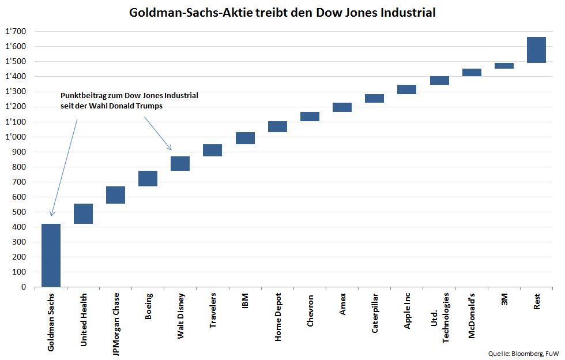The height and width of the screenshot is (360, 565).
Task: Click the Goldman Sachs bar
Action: pyautogui.click(x=51, y=255)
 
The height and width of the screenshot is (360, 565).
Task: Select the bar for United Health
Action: pyautogui.click(x=83, y=213)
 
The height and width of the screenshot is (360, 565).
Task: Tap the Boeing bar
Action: pyautogui.click(x=148, y=178)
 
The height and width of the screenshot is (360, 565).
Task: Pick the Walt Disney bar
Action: pyautogui.click(x=180, y=163)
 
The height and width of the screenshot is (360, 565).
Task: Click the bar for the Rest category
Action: pyautogui.click(x=536, y=50)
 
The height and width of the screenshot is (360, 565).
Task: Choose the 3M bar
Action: pyautogui.click(x=504, y=66)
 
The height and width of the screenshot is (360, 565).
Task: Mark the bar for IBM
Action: pyautogui.click(x=245, y=138)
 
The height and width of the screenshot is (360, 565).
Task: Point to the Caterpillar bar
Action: pyautogui.click(x=374, y=98)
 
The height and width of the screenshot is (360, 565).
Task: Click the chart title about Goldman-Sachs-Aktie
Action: pyautogui.click(x=282, y=12)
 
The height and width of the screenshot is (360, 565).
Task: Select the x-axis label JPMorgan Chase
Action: pyautogui.click(x=116, y=324)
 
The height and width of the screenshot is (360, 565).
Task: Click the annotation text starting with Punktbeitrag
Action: pyautogui.click(x=129, y=100)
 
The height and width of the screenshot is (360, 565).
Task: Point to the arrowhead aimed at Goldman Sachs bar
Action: pyautogui.click(x=52, y=215)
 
